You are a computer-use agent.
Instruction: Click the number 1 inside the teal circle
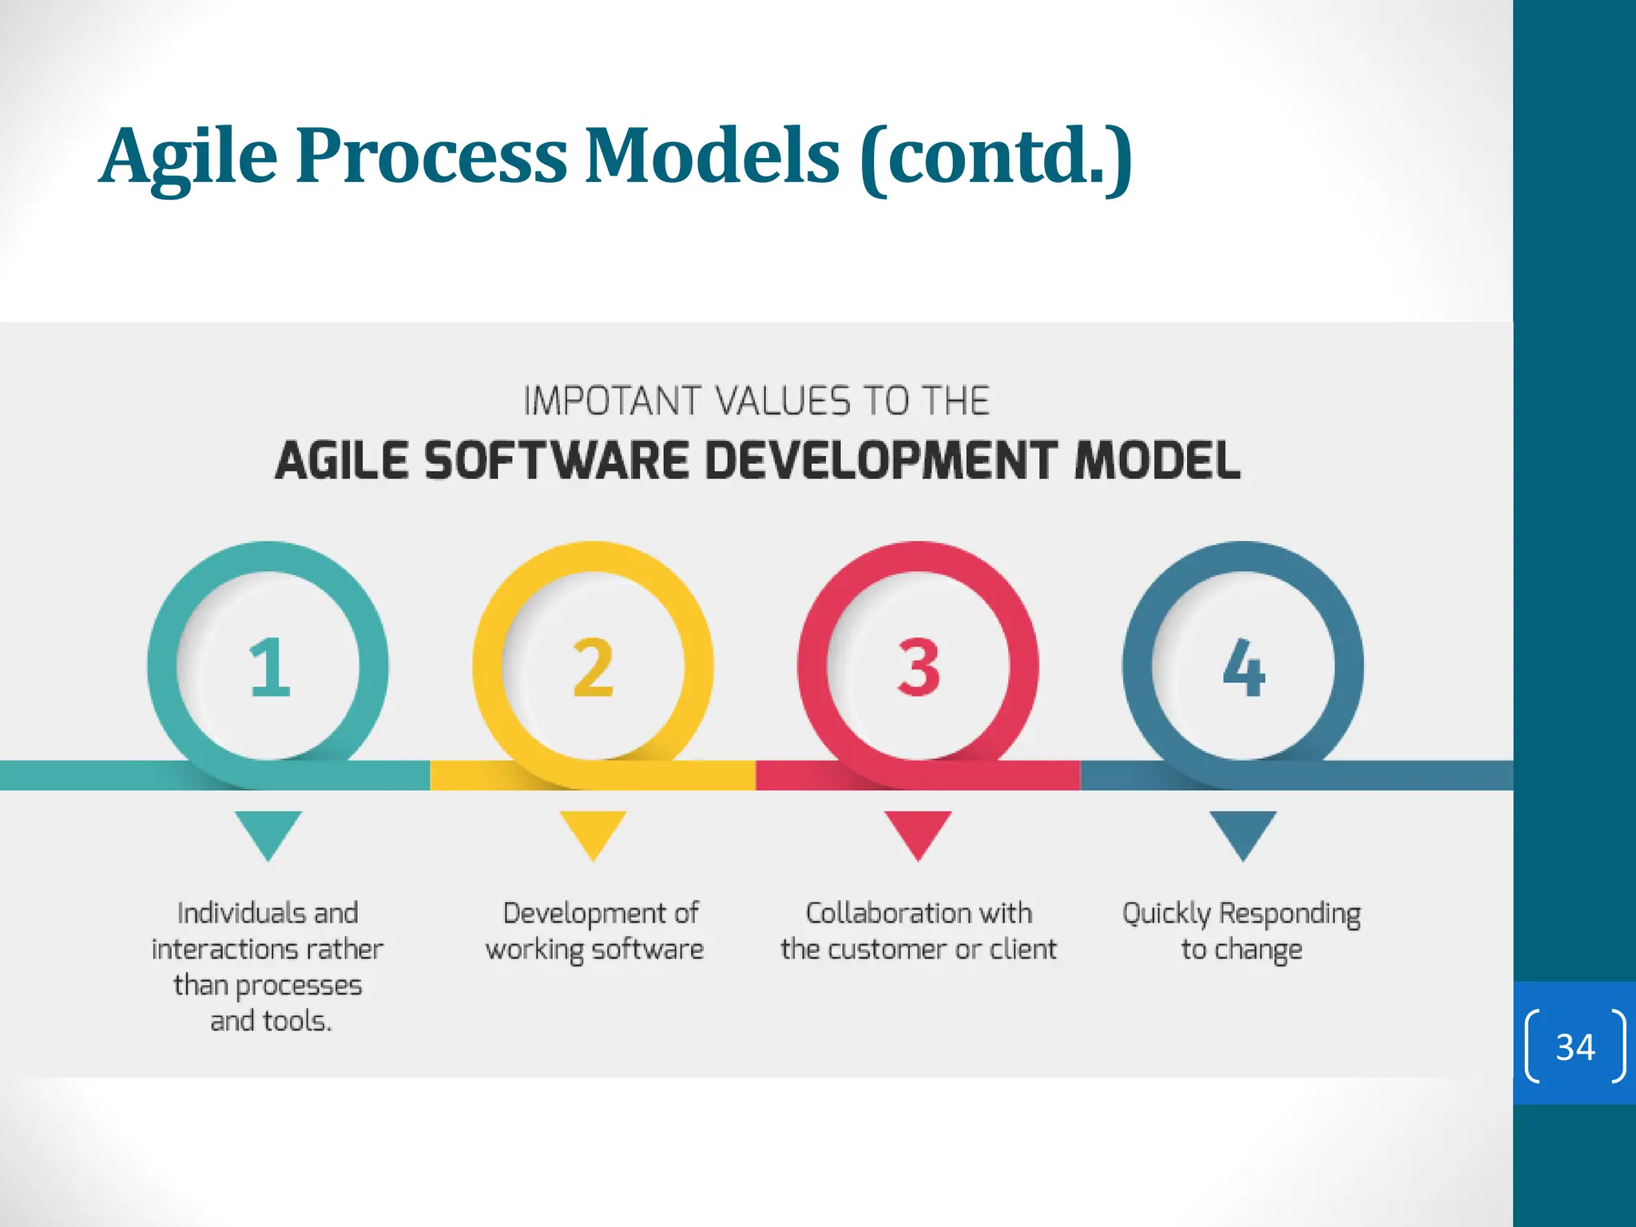tap(269, 667)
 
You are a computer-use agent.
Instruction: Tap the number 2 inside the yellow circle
tap(594, 667)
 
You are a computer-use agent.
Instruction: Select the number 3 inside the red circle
tap(919, 667)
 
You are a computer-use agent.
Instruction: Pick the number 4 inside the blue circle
tap(1244, 667)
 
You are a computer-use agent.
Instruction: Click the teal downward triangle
tap(268, 831)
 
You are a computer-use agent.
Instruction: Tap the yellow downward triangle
tap(593, 831)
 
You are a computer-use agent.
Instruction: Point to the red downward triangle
tap(918, 831)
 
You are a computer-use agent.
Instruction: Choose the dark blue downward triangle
tap(1243, 831)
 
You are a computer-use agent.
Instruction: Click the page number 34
tap(1574, 1046)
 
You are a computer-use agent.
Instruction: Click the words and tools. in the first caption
tap(270, 1021)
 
